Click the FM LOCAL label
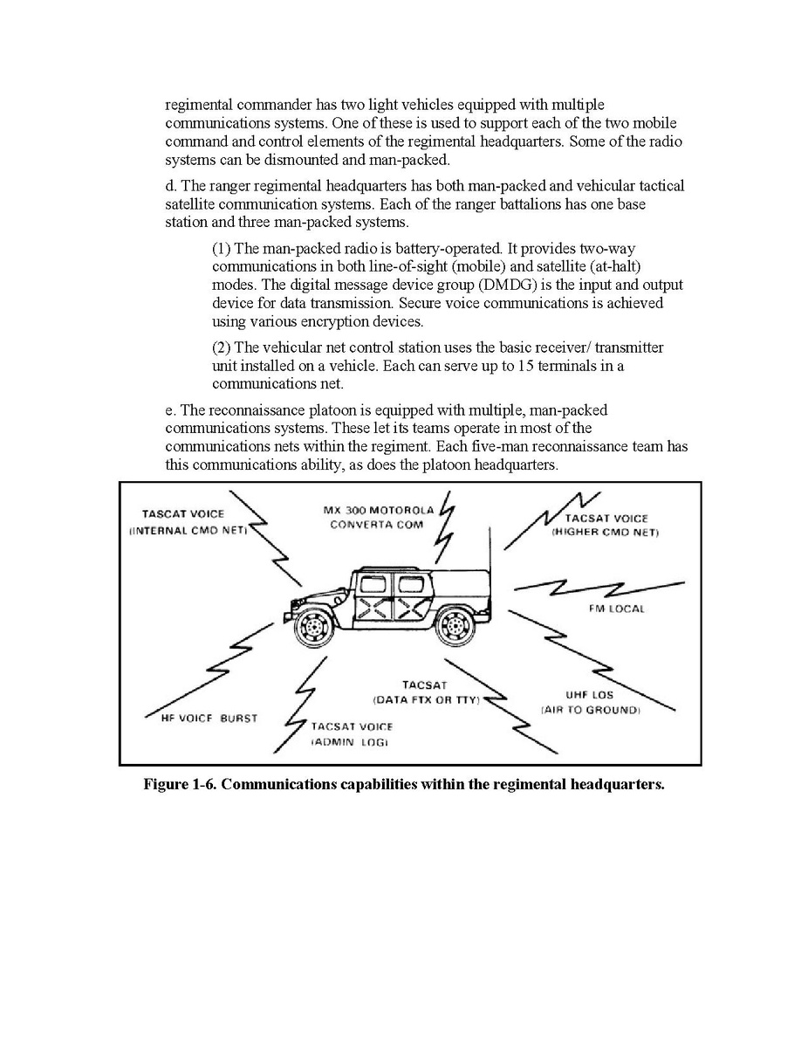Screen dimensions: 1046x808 pyautogui.click(x=616, y=609)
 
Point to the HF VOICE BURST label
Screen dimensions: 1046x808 pyautogui.click(x=202, y=719)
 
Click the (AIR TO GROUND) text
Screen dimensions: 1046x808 pyautogui.click(x=591, y=710)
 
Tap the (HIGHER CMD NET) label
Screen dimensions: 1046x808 pyautogui.click(x=605, y=532)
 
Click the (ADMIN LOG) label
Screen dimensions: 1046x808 pyautogui.click(x=349, y=741)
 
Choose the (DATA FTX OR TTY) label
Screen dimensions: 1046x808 pyautogui.click(x=426, y=700)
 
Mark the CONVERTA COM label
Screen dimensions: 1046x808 pyautogui.click(x=376, y=525)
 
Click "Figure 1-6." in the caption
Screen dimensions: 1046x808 pyautogui.click(x=181, y=783)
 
